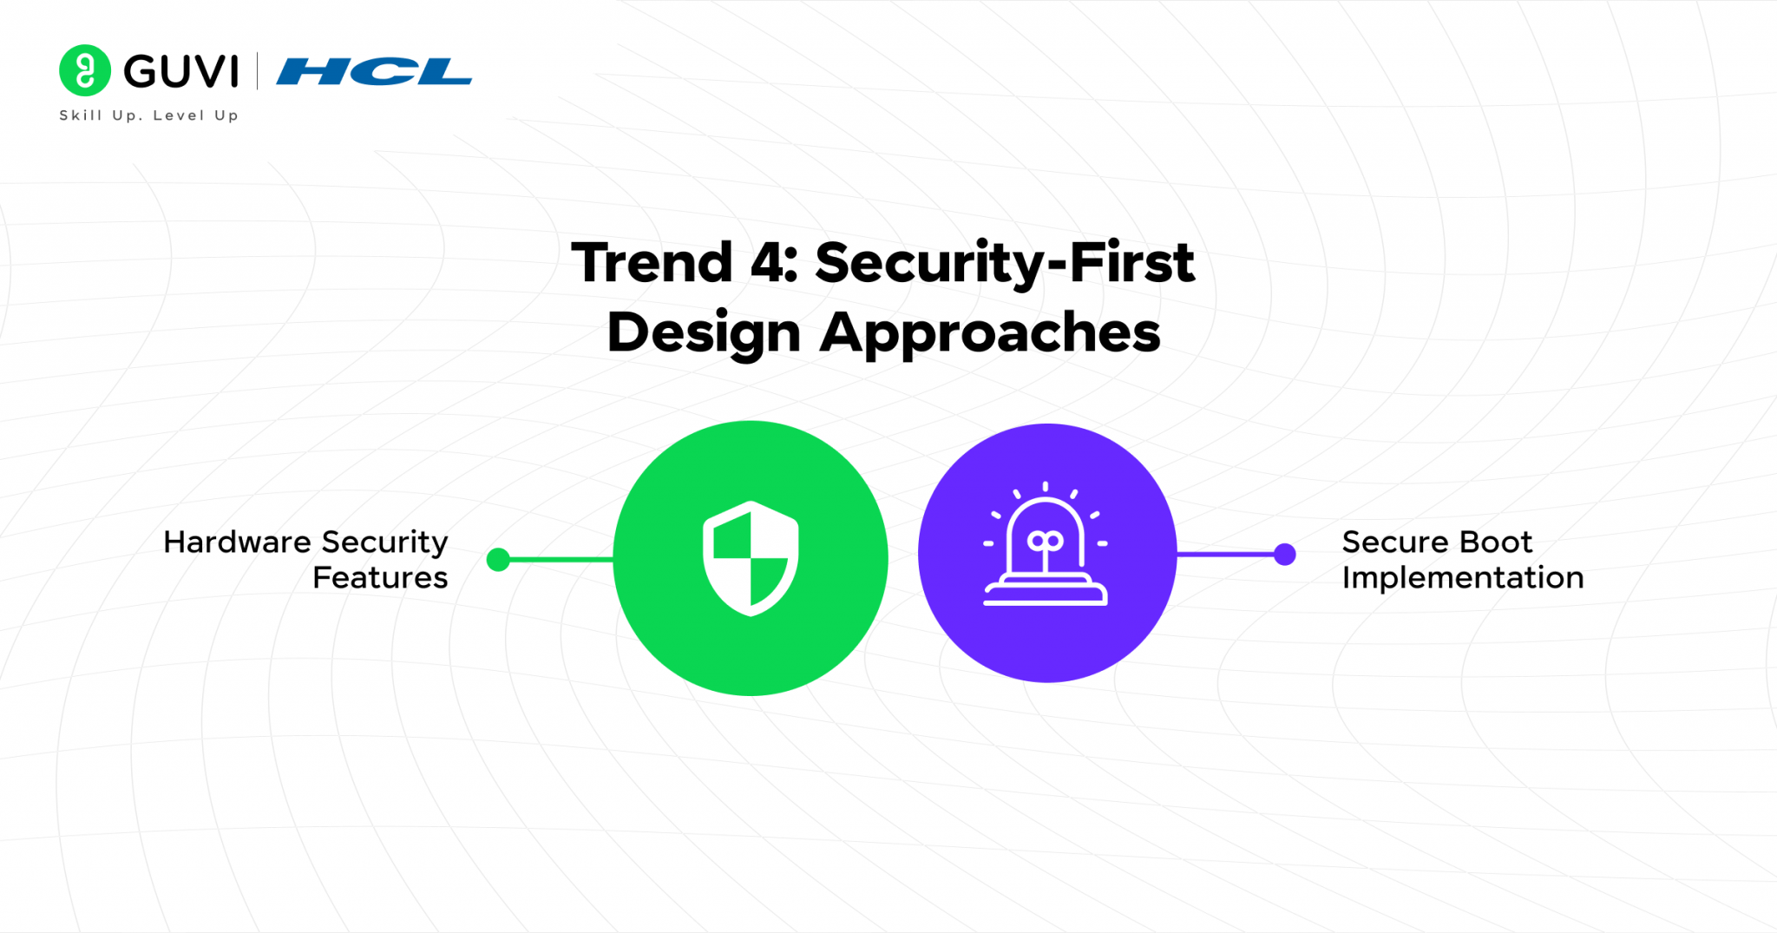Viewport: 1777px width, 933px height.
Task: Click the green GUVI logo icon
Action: (x=85, y=70)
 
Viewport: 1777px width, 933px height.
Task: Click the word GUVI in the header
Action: (x=180, y=71)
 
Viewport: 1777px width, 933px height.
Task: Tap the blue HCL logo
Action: (x=374, y=71)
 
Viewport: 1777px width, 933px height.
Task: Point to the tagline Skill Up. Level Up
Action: (x=148, y=115)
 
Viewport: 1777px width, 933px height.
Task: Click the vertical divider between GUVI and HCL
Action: (x=258, y=71)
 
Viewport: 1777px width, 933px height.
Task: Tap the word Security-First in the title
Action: (x=1005, y=264)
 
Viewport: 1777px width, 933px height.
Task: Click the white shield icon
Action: (x=751, y=558)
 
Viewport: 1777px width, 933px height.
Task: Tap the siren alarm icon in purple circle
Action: (x=1046, y=545)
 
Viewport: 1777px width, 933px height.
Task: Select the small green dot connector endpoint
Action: (x=498, y=560)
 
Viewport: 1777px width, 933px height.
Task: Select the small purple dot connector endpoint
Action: (x=1285, y=554)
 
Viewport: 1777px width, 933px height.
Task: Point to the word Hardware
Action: (x=237, y=542)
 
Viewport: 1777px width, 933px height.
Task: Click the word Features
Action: (x=380, y=578)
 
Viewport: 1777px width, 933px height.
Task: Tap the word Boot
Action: (x=1496, y=542)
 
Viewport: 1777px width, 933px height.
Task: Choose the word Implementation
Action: (x=1463, y=578)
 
